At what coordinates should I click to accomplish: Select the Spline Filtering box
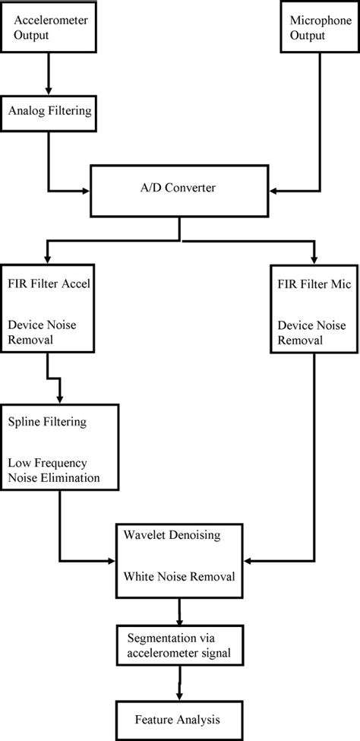60,448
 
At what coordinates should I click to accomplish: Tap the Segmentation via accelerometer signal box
179,643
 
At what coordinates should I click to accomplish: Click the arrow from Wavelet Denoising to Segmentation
179,609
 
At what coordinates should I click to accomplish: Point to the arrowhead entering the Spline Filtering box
60,400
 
